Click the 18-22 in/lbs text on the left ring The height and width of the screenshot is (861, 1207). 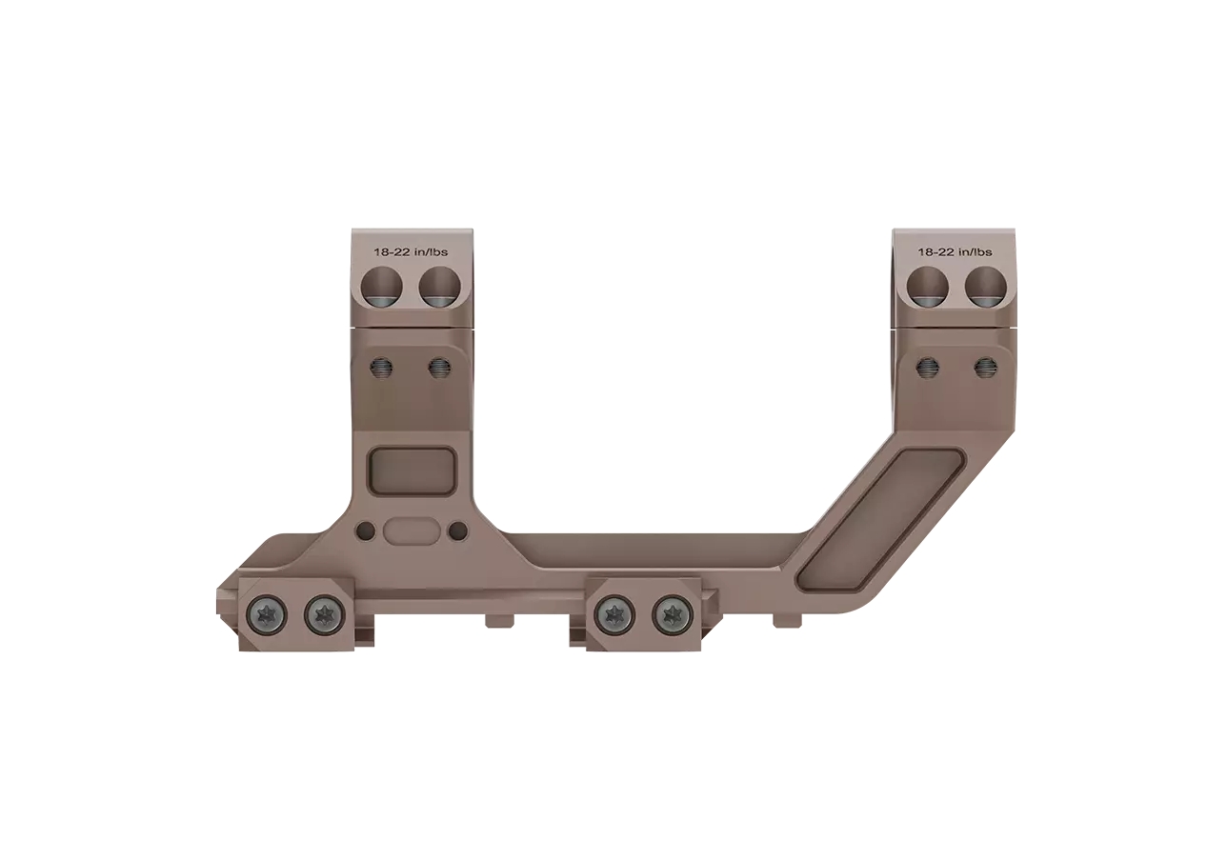(x=411, y=252)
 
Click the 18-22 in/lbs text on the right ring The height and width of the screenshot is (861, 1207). (x=955, y=252)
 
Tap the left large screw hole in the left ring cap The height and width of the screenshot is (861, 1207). (x=384, y=286)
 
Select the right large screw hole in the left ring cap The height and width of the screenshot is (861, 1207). (x=439, y=286)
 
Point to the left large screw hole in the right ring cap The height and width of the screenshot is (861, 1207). (x=928, y=286)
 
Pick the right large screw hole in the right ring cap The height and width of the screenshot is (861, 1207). (x=985, y=286)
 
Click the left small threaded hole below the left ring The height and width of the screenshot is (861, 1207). (x=382, y=368)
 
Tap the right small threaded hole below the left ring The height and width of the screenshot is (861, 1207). (x=439, y=368)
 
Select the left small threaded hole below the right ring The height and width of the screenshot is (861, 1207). (x=927, y=368)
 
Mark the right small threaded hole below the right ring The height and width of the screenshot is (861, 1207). (x=984, y=368)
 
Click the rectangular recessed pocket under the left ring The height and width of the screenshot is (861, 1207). (x=411, y=471)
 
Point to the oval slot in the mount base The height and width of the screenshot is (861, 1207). (x=412, y=531)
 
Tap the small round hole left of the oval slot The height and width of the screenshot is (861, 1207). (x=366, y=531)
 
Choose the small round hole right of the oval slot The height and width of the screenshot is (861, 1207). (x=457, y=531)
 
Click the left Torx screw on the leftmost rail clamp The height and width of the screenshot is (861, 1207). (x=265, y=614)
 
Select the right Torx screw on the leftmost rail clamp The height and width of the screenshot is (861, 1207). (x=324, y=614)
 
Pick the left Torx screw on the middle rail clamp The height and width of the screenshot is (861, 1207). (x=613, y=614)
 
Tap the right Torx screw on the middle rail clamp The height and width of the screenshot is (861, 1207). (x=672, y=614)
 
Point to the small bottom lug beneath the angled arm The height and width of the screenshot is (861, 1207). (x=787, y=620)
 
